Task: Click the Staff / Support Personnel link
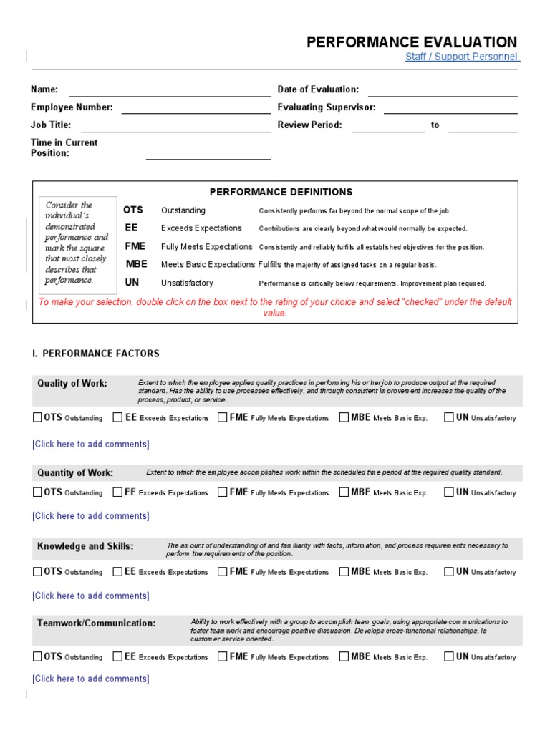coord(461,57)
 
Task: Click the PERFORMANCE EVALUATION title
coord(411,42)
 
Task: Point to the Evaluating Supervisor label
coord(326,107)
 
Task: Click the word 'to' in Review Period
coord(435,125)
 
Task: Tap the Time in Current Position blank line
coord(208,158)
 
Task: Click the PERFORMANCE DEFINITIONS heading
coord(281,192)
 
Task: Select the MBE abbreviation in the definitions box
coord(136,264)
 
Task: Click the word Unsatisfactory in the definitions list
coord(187,283)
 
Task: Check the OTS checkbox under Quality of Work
coord(37,417)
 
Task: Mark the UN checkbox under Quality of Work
coord(449,417)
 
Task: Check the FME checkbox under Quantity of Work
coord(223,492)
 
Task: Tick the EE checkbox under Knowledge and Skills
coord(118,571)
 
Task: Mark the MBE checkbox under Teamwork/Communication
coord(344,656)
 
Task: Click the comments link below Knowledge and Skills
coord(91,596)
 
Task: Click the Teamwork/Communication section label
coord(96,623)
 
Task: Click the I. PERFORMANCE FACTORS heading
coord(96,354)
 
